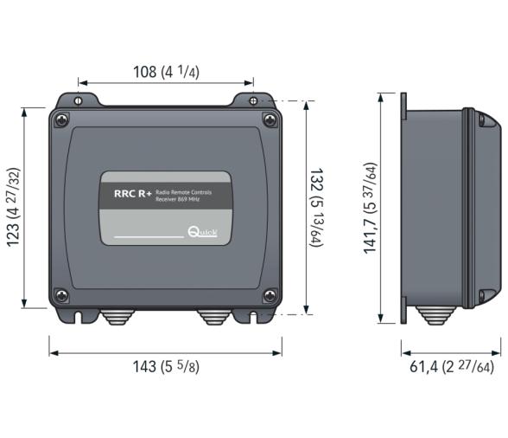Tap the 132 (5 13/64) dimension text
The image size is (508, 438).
317,209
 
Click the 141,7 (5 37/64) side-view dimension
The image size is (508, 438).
371,208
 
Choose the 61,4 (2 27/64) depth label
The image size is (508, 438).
451,367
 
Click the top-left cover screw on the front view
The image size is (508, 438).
60,120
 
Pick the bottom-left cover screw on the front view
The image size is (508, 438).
60,296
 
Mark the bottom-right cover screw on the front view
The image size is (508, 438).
270,296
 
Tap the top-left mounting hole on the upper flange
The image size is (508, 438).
78,101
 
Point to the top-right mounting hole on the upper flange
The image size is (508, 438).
253,101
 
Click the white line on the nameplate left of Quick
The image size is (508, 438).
148,235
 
